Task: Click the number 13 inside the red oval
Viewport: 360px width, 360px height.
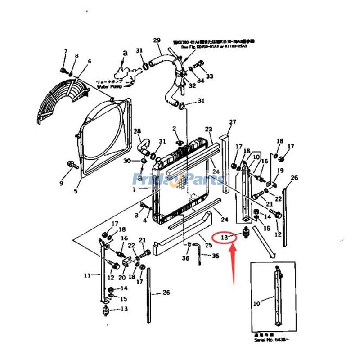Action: coord(223,236)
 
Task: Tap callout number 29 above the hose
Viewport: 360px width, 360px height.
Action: coord(157,40)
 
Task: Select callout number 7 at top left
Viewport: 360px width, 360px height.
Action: coord(65,51)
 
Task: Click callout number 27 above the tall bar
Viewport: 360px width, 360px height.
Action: coord(232,122)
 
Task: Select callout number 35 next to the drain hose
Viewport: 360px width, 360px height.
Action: coord(216,256)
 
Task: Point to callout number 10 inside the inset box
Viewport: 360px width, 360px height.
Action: coord(256,303)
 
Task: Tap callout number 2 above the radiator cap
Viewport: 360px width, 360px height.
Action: coord(174,129)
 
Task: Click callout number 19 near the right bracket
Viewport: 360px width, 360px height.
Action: coord(280,171)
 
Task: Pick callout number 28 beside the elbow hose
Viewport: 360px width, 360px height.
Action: coord(137,131)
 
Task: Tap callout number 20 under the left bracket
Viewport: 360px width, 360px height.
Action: coord(121,278)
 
